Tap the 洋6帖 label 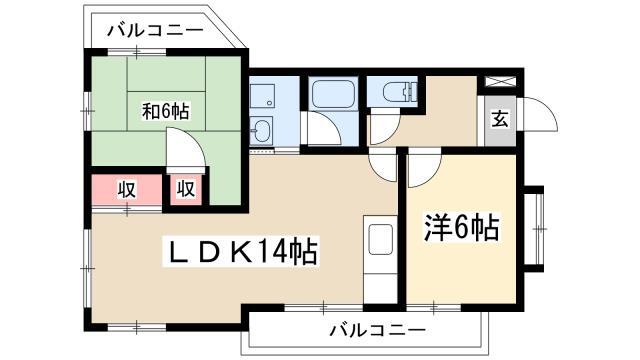pyautogui.click(x=461, y=227)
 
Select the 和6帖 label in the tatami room pyautogui.click(x=165, y=111)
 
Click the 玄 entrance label pyautogui.click(x=500, y=118)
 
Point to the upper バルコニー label pyautogui.click(x=155, y=30)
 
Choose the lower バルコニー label pyautogui.click(x=378, y=329)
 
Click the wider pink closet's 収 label pyautogui.click(x=127, y=189)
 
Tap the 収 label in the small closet pyautogui.click(x=186, y=189)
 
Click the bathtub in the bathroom pyautogui.click(x=333, y=94)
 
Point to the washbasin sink pyautogui.click(x=260, y=130)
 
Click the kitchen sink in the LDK pyautogui.click(x=380, y=239)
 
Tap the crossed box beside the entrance pyautogui.click(x=500, y=81)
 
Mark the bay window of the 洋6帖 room pyautogui.click(x=535, y=229)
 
